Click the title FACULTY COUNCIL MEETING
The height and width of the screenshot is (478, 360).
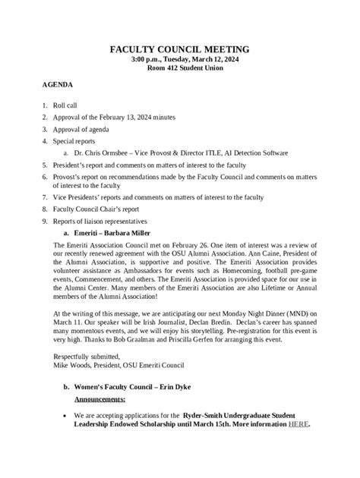179,49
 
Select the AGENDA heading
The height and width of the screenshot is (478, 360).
58,86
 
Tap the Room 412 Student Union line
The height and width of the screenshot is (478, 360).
179,68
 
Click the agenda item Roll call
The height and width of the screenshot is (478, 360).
68,107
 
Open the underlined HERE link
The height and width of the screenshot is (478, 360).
298,424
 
